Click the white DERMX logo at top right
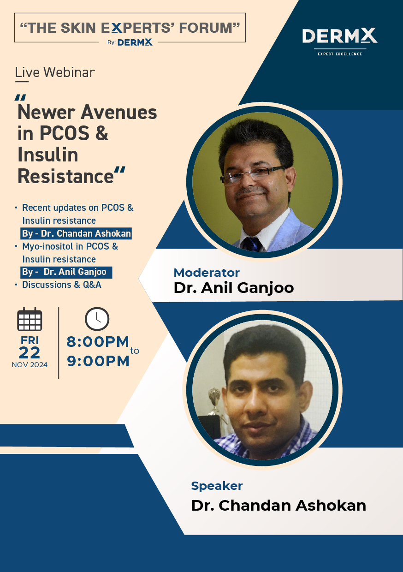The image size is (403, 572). [x=340, y=36]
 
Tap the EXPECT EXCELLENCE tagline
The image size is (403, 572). [x=340, y=54]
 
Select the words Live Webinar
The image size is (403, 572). [x=55, y=72]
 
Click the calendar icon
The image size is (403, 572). [x=30, y=319]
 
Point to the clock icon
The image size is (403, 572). [x=97, y=319]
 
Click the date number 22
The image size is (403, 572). [x=30, y=352]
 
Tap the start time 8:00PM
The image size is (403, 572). [x=98, y=342]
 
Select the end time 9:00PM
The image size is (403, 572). [x=98, y=361]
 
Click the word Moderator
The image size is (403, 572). [x=207, y=273]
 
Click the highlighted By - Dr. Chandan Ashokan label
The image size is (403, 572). [x=76, y=233]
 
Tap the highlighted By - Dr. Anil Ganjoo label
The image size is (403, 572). [x=66, y=272]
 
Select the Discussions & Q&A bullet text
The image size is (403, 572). [x=62, y=285]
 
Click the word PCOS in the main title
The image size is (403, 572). [x=65, y=133]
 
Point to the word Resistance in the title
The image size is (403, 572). [x=65, y=176]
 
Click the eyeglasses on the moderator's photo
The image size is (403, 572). [x=253, y=174]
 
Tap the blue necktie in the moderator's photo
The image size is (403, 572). [x=252, y=244]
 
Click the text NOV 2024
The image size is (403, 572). [x=30, y=364]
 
